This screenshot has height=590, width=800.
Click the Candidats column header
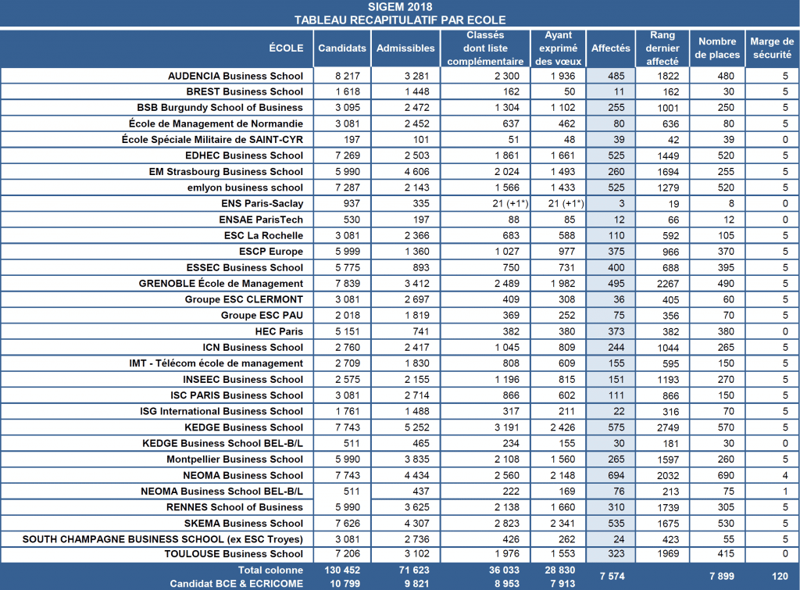point(342,48)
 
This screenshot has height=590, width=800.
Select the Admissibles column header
point(405,48)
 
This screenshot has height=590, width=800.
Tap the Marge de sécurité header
point(772,48)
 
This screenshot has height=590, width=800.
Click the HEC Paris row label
point(279,331)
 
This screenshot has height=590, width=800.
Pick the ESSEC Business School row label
point(245,267)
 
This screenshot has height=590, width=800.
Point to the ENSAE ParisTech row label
point(261,220)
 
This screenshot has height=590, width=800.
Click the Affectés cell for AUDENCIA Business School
point(616,76)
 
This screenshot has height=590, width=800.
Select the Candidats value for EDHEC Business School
point(348,156)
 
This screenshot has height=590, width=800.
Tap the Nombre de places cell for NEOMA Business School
point(726,475)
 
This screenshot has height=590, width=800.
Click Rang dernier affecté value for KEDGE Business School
point(668,427)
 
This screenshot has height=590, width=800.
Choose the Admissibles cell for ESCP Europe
point(417,252)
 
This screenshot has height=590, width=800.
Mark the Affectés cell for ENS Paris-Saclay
point(621,204)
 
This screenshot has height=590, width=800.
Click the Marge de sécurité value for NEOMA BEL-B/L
point(785,491)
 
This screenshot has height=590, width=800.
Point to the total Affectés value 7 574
point(612,576)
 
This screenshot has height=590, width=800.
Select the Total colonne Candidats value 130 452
point(342,570)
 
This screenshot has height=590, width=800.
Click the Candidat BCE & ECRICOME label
point(236,584)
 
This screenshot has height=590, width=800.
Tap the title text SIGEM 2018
point(400,6)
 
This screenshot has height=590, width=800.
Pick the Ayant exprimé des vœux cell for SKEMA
point(562,523)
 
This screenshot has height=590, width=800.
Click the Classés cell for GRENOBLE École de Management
point(506,283)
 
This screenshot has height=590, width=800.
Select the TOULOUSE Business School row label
point(234,554)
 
